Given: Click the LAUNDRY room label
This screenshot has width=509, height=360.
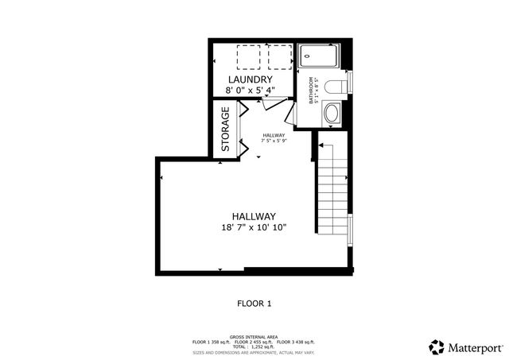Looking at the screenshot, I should [251, 80].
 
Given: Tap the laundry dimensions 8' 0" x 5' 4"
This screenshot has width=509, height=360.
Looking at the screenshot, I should [251, 91].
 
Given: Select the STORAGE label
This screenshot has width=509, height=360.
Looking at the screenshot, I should [226, 130].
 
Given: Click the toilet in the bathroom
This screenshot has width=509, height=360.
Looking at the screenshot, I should [336, 85].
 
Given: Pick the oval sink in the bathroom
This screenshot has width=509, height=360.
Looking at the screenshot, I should [332, 114].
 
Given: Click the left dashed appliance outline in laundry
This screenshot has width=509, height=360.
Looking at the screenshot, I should [249, 56].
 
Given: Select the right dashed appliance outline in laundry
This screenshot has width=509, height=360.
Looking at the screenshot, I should [279, 56].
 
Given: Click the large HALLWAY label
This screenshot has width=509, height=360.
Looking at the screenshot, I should [254, 216].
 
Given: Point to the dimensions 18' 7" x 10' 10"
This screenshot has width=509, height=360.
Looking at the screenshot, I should [254, 227].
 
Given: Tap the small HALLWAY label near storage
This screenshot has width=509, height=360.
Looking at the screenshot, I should [274, 135].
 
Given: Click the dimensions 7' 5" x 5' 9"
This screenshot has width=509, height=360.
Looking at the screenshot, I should [274, 141].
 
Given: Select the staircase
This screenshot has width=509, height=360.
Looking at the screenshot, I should [332, 191].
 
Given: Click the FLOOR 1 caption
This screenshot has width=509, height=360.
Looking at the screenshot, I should [254, 303].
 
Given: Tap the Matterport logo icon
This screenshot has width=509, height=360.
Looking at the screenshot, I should [437, 346].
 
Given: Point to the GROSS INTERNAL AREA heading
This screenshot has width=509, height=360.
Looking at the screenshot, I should [254, 336].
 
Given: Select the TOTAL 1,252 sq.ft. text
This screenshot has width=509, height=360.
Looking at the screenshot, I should [254, 347].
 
